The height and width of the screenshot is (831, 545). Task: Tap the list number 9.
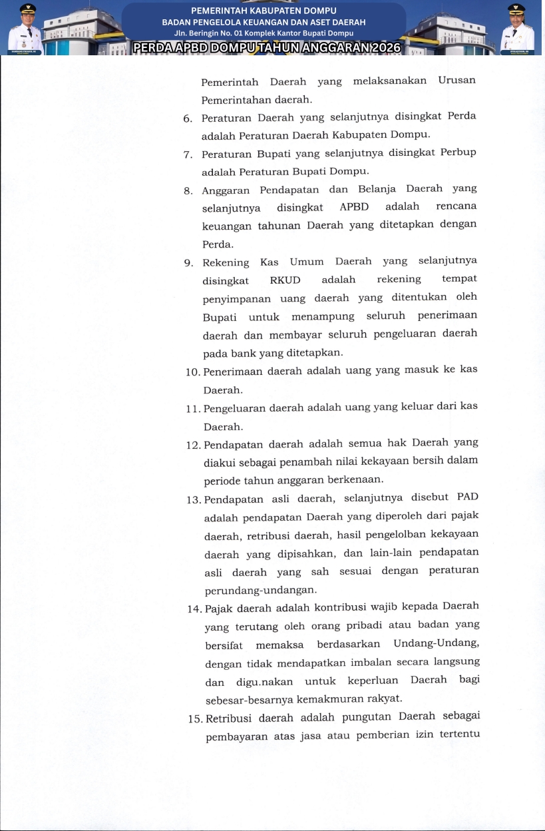(188, 263)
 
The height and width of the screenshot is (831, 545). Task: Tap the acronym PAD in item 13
(468, 497)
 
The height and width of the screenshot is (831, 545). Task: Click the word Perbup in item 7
(458, 152)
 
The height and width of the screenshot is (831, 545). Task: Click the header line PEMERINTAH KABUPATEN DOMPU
(264, 11)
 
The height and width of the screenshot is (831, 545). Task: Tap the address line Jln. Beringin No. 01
(264, 33)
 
